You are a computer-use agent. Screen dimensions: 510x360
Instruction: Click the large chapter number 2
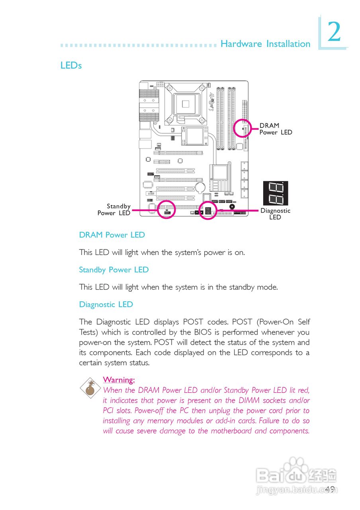[x=334, y=33]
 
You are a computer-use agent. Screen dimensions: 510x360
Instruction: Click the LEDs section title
[x=71, y=65]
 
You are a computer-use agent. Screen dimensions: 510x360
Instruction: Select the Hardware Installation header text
[x=265, y=44]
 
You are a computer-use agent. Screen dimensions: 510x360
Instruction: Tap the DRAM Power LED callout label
[x=276, y=129]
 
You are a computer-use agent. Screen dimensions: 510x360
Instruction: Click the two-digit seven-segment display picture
[x=275, y=193]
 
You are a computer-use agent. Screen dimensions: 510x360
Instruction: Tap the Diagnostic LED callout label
[x=275, y=214]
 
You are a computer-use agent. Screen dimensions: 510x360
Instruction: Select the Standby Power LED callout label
[x=114, y=210]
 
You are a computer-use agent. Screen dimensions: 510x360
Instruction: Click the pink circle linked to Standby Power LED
[x=166, y=210]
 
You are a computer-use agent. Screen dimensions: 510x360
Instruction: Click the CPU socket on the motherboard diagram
[x=186, y=104]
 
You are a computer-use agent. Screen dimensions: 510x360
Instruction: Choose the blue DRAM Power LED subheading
[x=112, y=235]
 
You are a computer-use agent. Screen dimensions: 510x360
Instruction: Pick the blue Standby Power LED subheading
[x=114, y=270]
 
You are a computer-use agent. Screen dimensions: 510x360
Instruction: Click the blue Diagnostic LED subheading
[x=106, y=304]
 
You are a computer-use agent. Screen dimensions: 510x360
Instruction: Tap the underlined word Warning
[x=119, y=379]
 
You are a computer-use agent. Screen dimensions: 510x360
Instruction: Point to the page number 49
[x=330, y=489]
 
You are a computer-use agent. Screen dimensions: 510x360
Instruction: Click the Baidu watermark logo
[x=296, y=474]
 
